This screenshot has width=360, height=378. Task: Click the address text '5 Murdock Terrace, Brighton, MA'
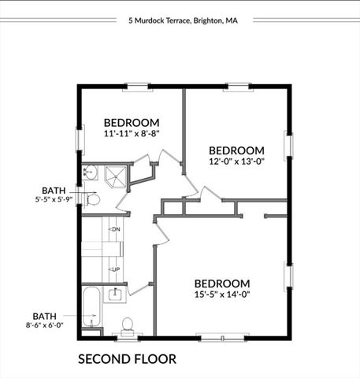click(x=183, y=21)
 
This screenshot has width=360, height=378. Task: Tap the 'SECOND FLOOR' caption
click(x=127, y=359)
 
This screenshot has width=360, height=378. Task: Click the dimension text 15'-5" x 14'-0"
click(x=222, y=296)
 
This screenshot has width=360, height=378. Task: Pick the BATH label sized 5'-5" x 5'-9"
click(x=54, y=191)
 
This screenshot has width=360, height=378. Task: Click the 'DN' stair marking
click(x=115, y=229)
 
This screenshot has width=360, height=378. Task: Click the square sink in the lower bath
click(x=115, y=296)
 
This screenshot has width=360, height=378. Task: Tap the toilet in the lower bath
click(x=127, y=326)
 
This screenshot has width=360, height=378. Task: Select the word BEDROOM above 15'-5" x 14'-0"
click(x=222, y=283)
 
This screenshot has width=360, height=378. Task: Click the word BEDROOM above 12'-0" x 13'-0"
click(x=236, y=150)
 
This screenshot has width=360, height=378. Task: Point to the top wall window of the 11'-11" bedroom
click(x=137, y=86)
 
